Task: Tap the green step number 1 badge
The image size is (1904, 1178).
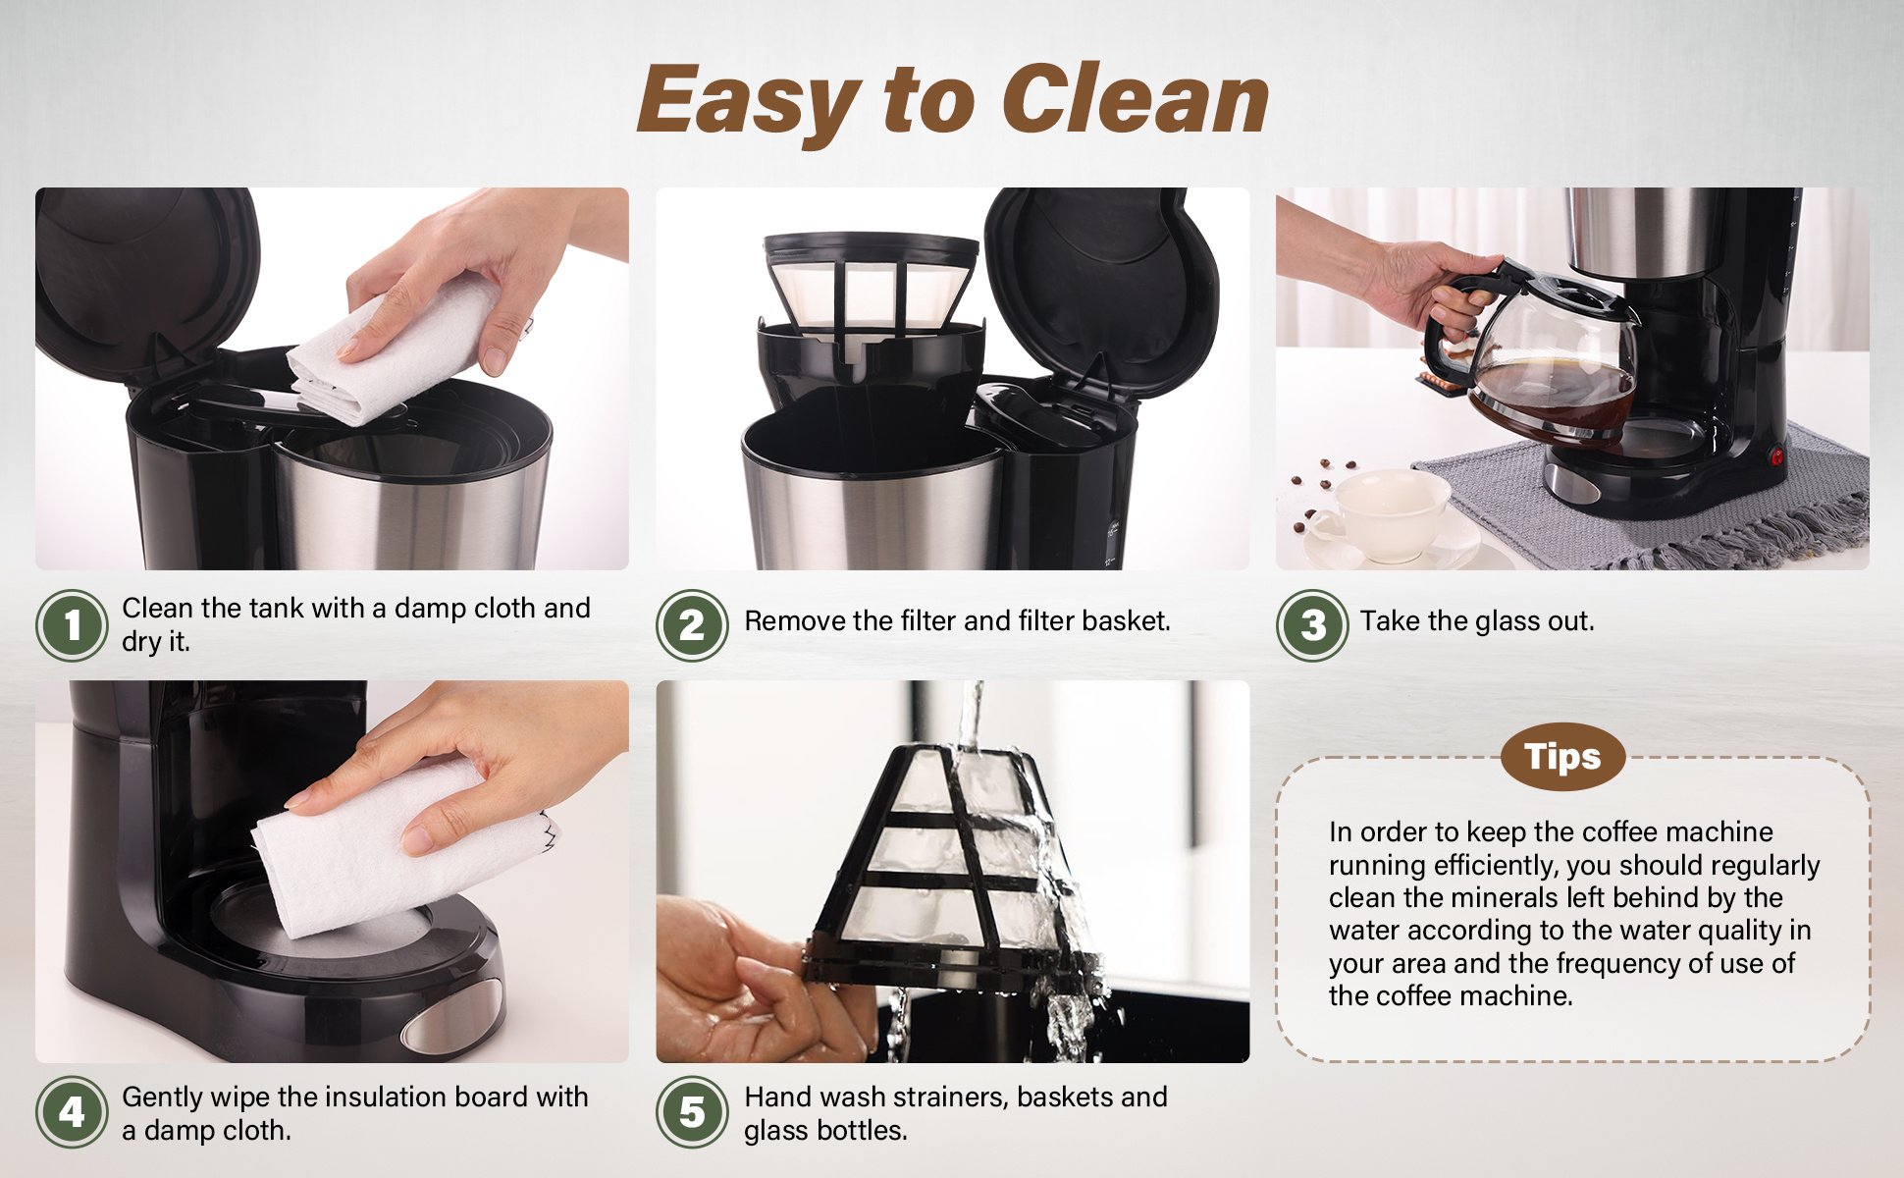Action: tap(72, 624)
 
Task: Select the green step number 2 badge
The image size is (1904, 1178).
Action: tap(692, 624)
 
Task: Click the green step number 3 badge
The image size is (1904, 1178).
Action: tap(1312, 624)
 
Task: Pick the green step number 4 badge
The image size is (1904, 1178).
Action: tap(72, 1112)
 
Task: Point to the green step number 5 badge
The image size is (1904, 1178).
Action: tap(692, 1112)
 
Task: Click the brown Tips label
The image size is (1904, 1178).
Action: tap(1562, 757)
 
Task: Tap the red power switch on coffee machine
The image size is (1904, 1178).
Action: tap(1775, 456)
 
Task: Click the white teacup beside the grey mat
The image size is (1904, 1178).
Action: tap(1385, 514)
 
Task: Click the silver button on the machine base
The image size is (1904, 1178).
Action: tap(452, 1017)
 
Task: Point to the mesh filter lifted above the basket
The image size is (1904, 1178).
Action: tap(871, 290)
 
